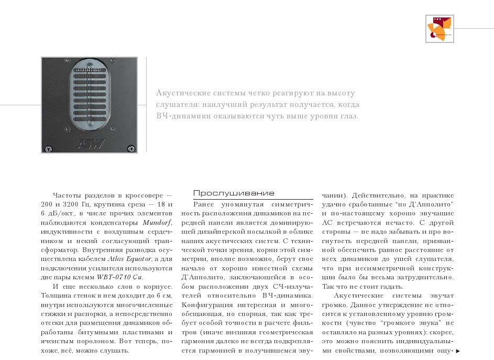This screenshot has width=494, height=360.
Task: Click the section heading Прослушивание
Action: (x=234, y=193)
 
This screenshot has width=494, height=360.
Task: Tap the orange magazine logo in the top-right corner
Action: (x=439, y=29)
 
